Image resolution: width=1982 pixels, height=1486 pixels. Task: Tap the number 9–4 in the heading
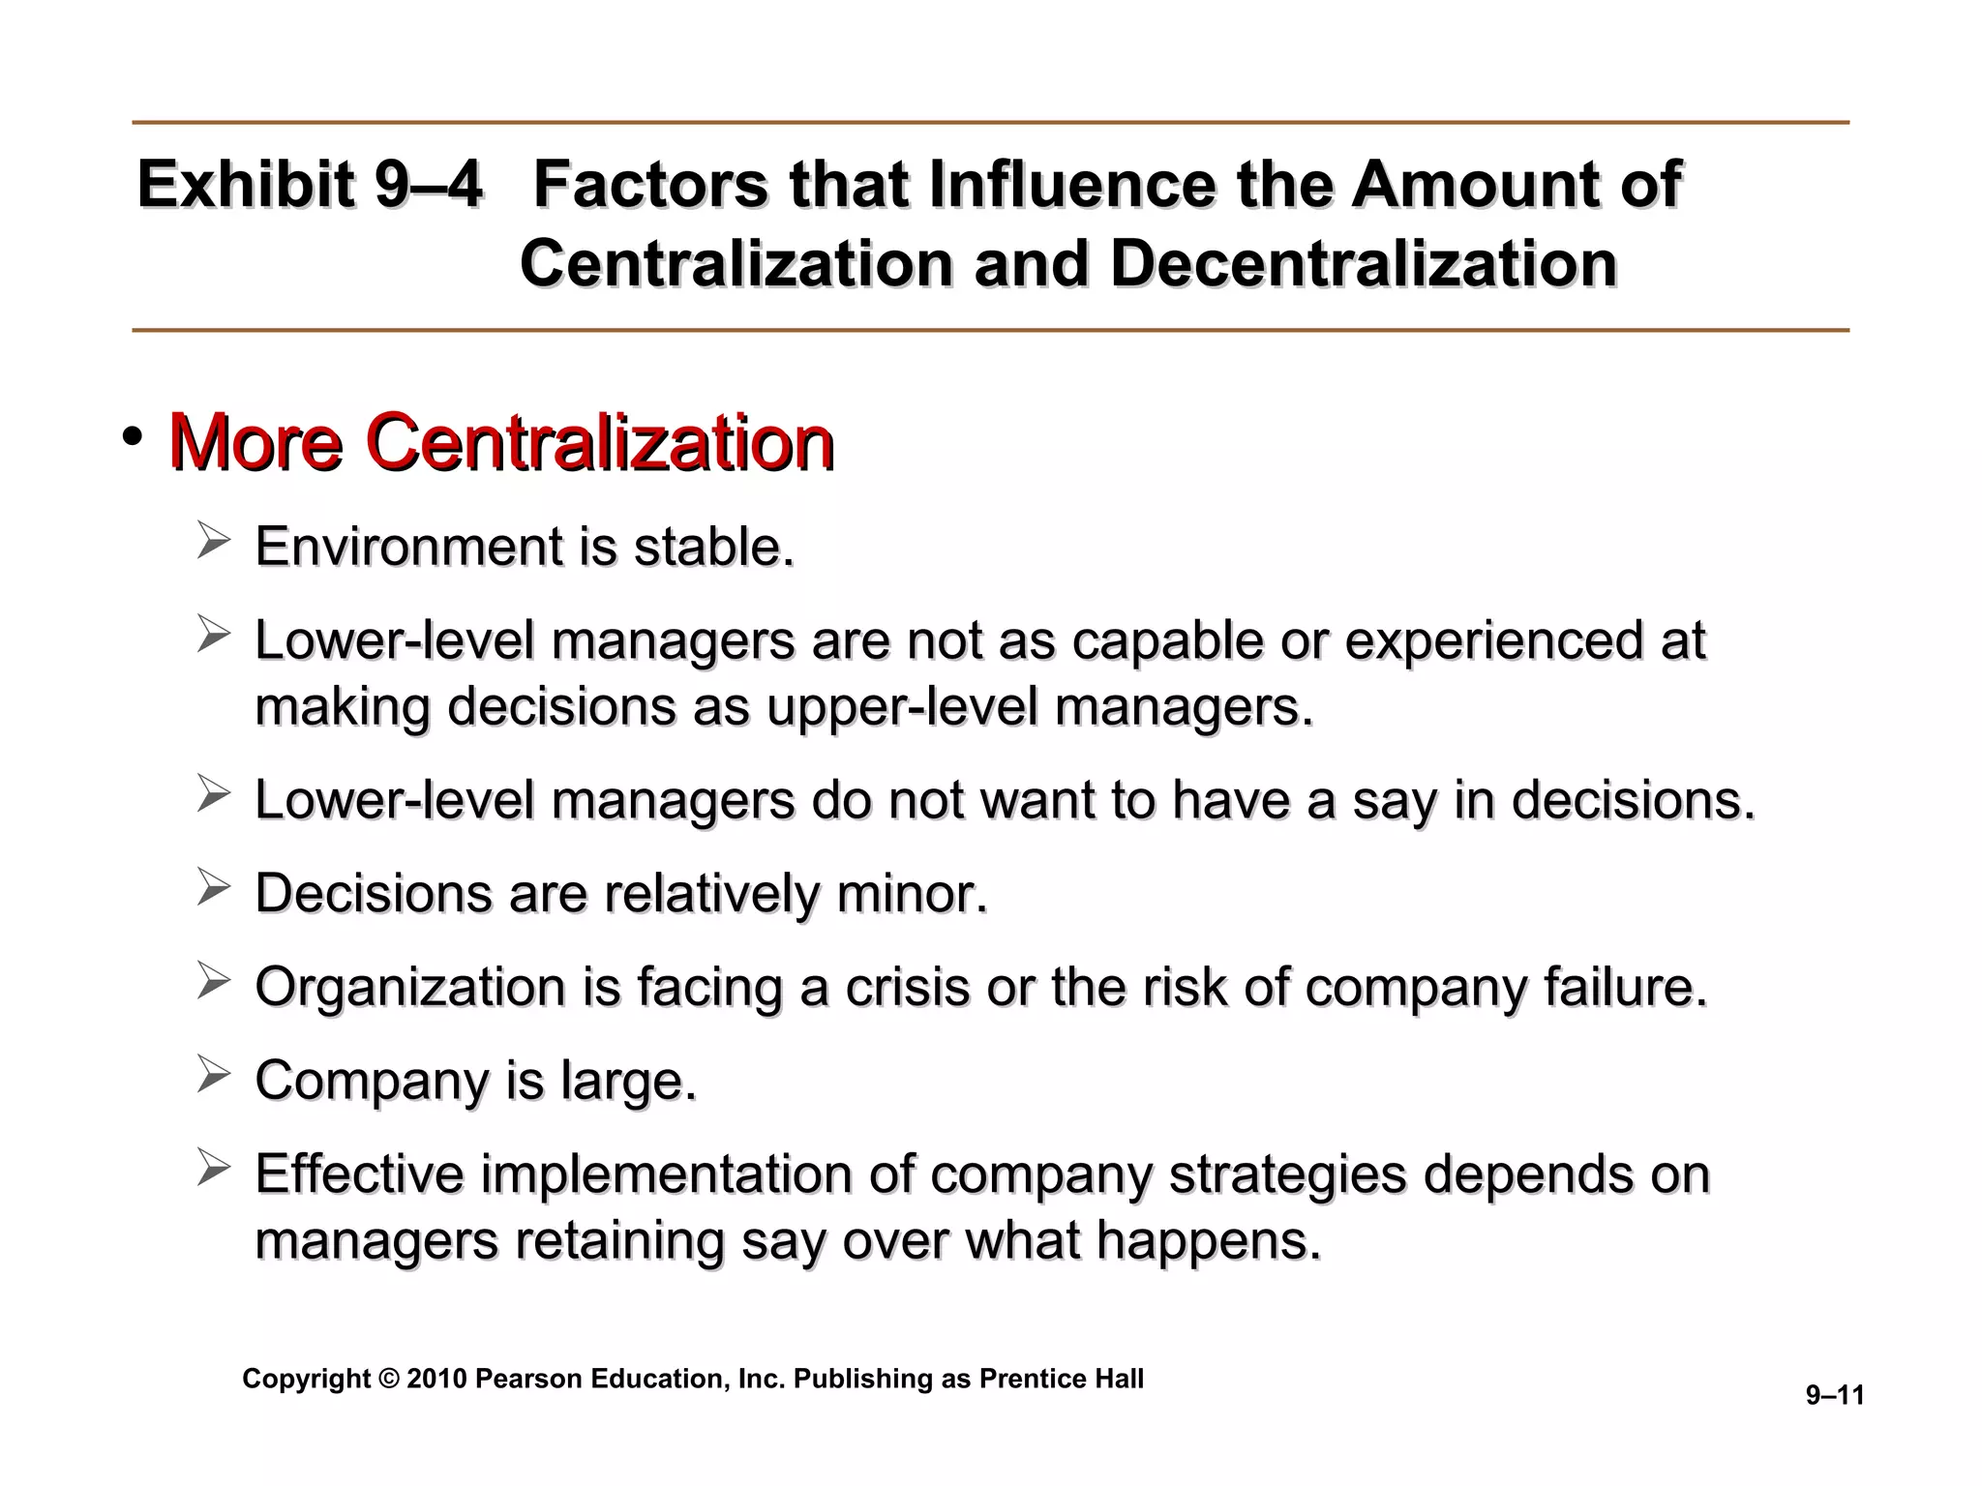(429, 185)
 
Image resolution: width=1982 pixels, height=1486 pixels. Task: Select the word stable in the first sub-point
(712, 547)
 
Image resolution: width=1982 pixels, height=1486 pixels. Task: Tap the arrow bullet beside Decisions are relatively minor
(213, 886)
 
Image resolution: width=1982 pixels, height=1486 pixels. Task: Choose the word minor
(912, 893)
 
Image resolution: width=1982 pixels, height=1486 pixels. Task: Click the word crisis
(907, 988)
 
